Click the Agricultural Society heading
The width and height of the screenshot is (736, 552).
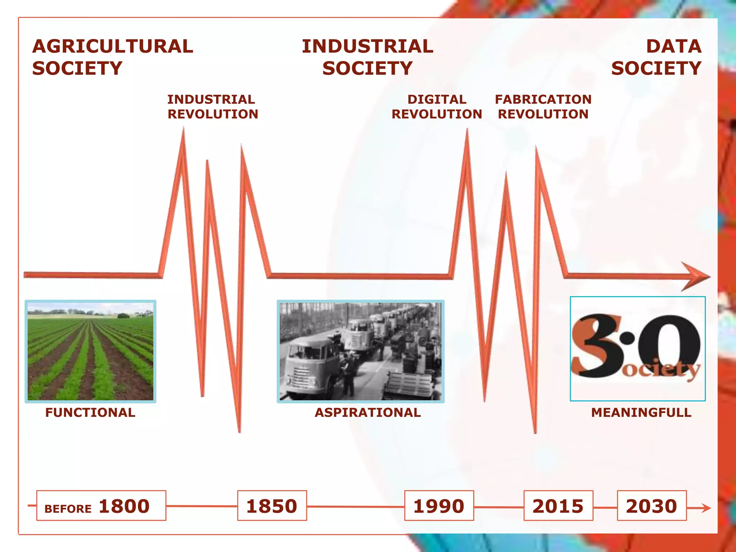point(112,57)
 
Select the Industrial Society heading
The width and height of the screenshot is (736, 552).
point(367,57)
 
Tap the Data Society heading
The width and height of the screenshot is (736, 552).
point(656,57)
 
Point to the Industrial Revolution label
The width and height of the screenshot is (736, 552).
point(212,107)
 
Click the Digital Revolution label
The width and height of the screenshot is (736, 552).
point(437,107)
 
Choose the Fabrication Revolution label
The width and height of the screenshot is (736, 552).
point(543,107)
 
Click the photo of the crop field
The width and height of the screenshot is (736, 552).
point(91,351)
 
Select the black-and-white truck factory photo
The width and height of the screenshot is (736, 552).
point(360,351)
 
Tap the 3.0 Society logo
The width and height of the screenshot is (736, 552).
point(638,348)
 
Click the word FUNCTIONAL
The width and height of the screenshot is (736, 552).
point(90,412)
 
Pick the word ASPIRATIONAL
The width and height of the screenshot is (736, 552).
point(368,412)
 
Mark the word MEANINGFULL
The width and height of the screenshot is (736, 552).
point(641,412)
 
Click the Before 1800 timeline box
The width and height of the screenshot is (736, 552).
point(101,506)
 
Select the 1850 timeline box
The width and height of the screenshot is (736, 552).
point(272,506)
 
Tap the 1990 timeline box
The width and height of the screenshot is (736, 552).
point(439,506)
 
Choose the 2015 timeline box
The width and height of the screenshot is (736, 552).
point(558,506)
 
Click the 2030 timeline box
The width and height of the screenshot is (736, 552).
point(652,506)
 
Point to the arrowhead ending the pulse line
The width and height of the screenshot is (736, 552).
point(696,276)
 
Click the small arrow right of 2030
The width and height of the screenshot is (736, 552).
point(703,508)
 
